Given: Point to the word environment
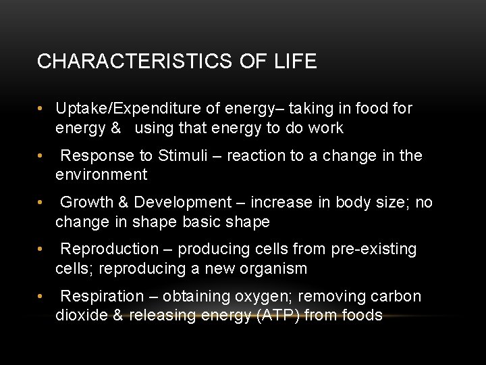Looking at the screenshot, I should point(101,175).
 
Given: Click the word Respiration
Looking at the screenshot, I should point(102,296).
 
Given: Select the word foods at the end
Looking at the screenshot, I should point(363,315).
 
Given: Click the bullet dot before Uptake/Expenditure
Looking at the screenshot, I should point(41,109).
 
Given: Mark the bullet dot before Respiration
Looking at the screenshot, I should point(41,297).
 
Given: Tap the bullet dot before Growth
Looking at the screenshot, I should point(41,203).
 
